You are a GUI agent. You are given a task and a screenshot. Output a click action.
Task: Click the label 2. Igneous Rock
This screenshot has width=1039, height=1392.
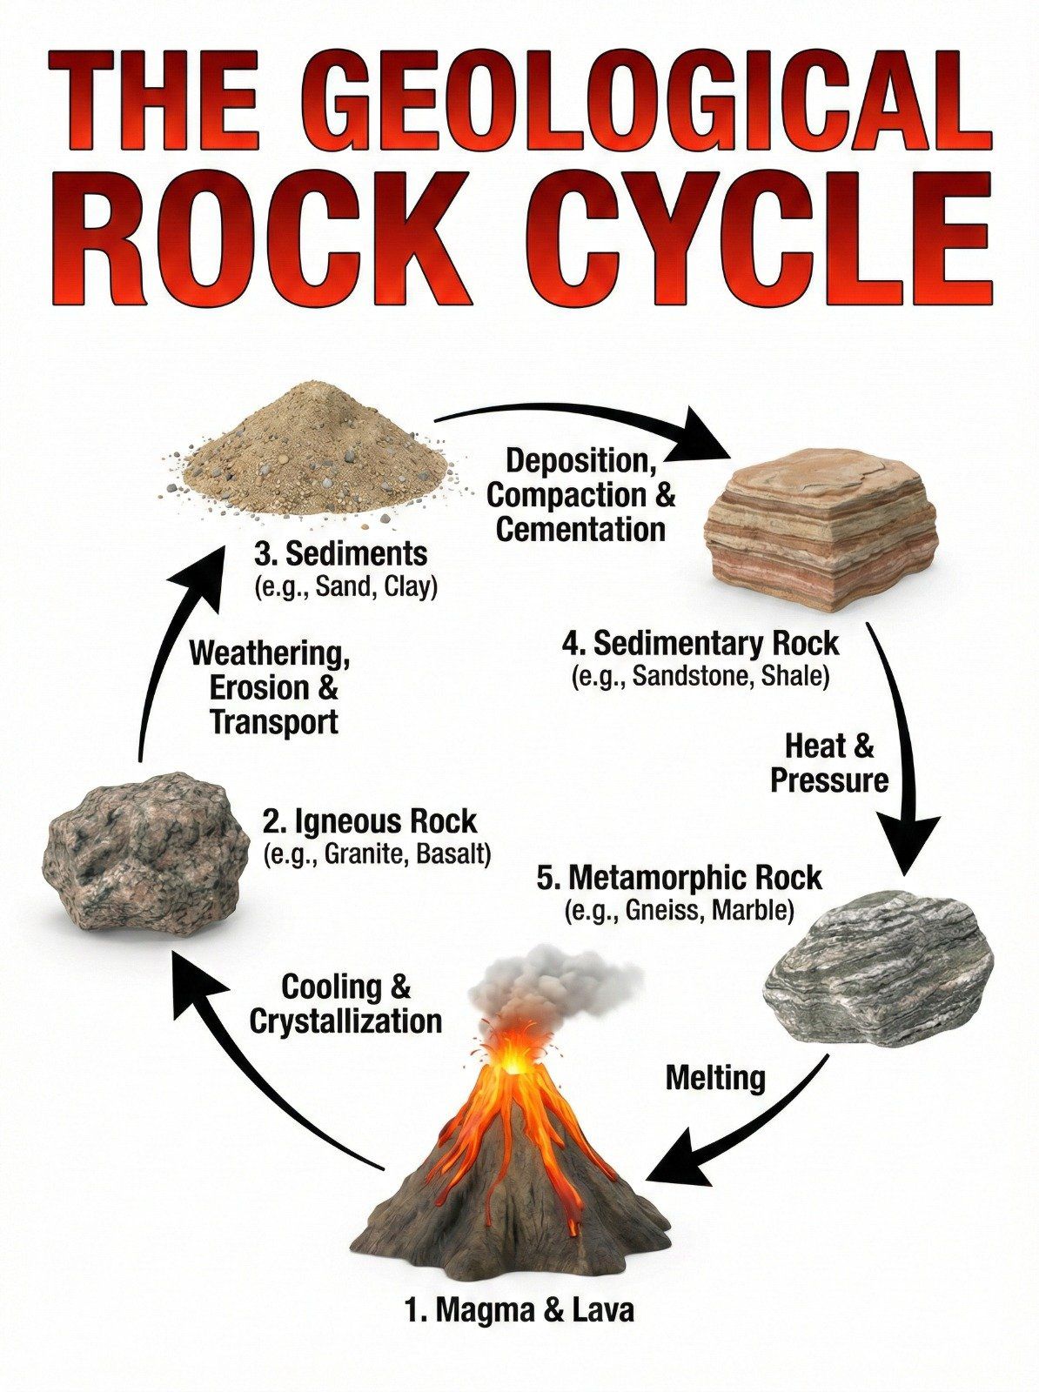click(x=369, y=822)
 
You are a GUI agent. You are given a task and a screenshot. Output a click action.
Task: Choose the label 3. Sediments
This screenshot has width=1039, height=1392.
click(x=340, y=555)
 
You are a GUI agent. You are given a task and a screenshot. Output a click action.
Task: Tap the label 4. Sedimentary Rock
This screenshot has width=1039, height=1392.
click(x=700, y=645)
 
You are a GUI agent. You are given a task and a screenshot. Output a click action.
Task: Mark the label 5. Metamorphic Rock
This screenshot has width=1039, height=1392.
click(x=679, y=879)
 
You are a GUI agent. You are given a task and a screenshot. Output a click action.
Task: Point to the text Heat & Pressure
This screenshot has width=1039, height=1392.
click(x=829, y=763)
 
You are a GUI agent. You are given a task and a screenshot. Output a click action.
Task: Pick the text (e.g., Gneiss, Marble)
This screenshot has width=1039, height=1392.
click(x=679, y=911)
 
